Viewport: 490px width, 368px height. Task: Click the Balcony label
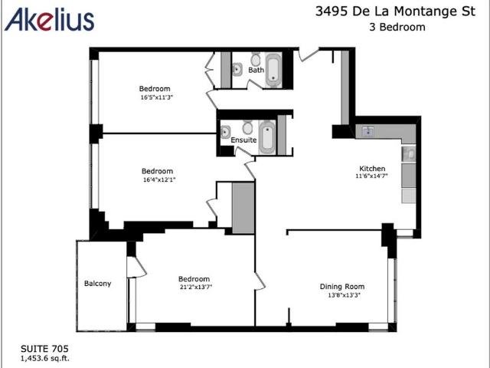click(97, 284)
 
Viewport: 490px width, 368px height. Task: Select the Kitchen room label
click(372, 168)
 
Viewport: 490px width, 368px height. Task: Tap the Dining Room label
click(341, 287)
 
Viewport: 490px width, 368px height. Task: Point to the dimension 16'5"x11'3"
click(155, 97)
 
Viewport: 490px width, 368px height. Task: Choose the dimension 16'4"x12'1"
click(157, 180)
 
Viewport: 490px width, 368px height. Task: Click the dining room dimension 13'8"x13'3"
click(341, 295)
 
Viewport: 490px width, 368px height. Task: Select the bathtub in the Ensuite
click(268, 136)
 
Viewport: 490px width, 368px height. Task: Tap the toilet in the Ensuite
click(248, 127)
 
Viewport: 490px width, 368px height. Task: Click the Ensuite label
click(243, 140)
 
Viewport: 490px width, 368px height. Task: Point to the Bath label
click(256, 71)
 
